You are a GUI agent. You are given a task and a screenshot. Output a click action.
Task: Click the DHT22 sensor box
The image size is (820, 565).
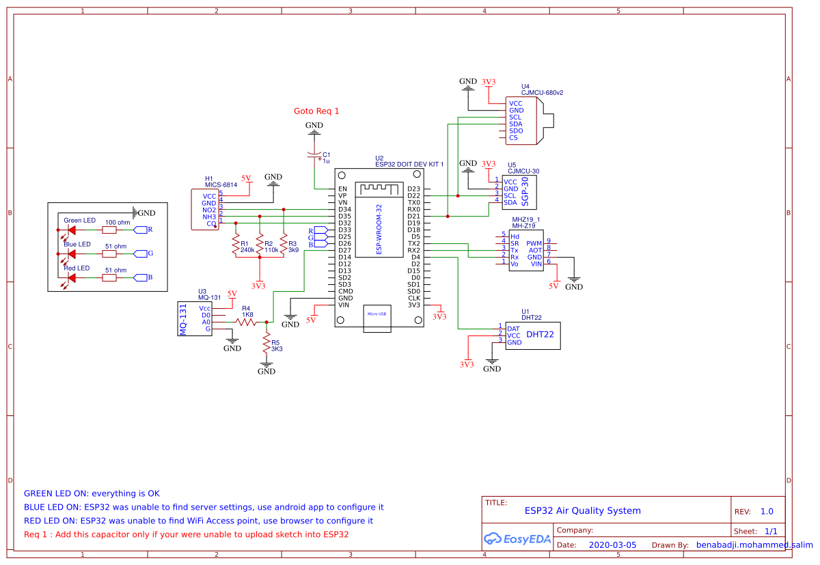point(532,335)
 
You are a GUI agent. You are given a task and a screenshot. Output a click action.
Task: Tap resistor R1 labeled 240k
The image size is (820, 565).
point(236,244)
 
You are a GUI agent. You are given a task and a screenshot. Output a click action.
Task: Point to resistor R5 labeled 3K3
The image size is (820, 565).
point(266,346)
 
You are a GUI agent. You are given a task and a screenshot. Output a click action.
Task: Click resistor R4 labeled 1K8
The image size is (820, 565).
point(246,322)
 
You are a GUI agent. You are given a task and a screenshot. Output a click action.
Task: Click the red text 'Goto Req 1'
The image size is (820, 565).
point(316,111)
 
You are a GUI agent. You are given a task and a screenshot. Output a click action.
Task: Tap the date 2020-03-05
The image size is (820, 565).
point(612,545)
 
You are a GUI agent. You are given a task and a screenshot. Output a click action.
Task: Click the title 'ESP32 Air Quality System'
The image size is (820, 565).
point(582,510)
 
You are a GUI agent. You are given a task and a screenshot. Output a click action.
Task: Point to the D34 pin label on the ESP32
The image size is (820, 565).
point(344,210)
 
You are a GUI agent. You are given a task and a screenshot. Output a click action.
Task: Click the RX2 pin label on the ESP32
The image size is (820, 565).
point(413,251)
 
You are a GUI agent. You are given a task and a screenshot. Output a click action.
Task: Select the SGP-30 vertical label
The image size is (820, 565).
point(525,192)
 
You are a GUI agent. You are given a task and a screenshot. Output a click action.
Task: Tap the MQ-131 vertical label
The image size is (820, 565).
point(182,318)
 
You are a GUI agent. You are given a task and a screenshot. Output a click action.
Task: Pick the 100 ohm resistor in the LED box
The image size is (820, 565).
point(109,230)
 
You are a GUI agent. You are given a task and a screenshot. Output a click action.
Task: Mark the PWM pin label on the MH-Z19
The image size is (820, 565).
point(534,243)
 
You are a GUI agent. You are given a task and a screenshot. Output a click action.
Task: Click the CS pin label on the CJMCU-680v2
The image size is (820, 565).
point(513,138)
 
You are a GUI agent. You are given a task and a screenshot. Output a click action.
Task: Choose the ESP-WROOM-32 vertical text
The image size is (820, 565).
point(379,230)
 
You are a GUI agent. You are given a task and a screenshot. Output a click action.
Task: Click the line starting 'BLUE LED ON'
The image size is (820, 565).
point(204,507)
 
